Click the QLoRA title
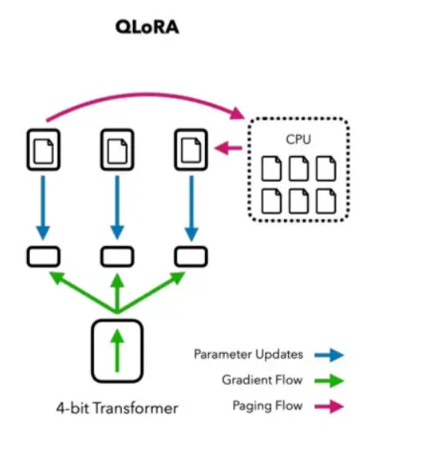pos(147,28)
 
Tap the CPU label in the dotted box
pos(298,139)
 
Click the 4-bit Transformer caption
pos(117,408)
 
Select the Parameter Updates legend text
pos(248,355)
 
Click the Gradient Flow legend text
pos(262,379)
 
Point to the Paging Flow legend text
pos(267,405)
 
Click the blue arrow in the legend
pos(329,355)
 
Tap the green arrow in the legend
pos(329,381)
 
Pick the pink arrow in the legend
pos(329,406)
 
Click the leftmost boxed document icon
pos(44,150)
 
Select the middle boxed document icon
pos(117,150)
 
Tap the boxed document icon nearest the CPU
pos(192,150)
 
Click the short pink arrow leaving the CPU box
pos(228,148)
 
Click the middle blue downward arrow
pos(117,207)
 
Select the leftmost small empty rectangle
pos(44,257)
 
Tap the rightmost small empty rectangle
pos(192,257)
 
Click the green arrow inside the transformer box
pos(117,350)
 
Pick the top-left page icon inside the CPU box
pos(271,169)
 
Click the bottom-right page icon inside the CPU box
pos(326,201)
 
